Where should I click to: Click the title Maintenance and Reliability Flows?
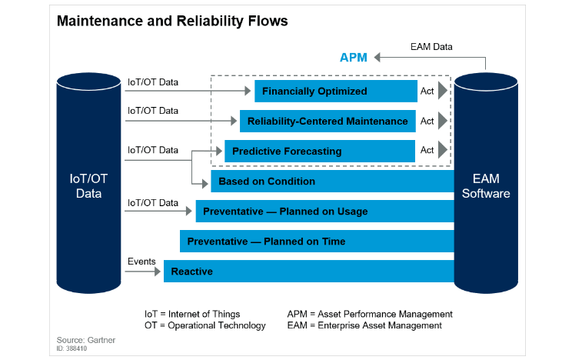(x=172, y=21)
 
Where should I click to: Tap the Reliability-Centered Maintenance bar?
(x=328, y=121)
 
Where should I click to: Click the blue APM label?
(x=354, y=57)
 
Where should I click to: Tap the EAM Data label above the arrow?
(x=431, y=47)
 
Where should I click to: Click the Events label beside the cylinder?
(x=141, y=262)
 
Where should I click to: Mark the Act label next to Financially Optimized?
(x=427, y=92)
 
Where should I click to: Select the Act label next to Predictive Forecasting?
(x=427, y=151)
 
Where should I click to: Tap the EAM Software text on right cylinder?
(x=486, y=186)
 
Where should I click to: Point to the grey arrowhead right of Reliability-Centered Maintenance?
(x=443, y=121)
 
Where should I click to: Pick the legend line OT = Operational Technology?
(x=205, y=325)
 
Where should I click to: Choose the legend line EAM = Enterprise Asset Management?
(x=364, y=325)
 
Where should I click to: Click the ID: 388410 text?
(x=72, y=348)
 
